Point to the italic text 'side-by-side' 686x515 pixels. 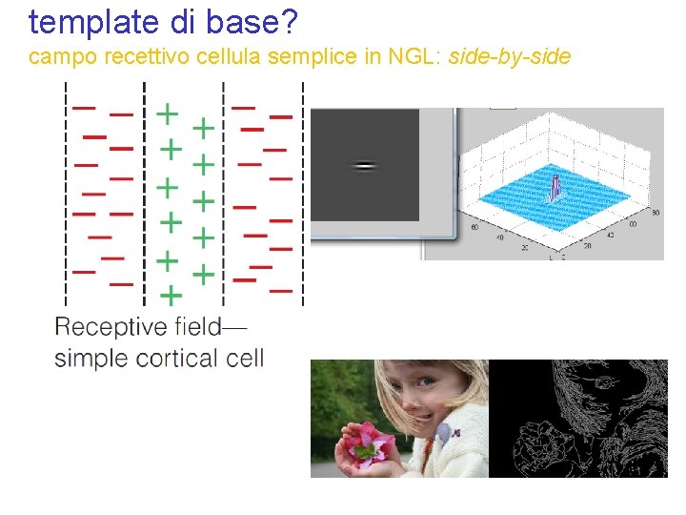click(x=509, y=57)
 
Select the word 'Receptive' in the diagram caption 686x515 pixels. click(x=110, y=328)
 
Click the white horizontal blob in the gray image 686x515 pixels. click(x=364, y=166)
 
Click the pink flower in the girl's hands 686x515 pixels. click(x=367, y=441)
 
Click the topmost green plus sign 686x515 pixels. click(x=166, y=113)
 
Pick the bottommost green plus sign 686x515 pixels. click(x=170, y=295)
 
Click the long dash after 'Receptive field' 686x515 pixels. click(x=233, y=328)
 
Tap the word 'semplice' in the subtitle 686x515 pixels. click(x=305, y=58)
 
